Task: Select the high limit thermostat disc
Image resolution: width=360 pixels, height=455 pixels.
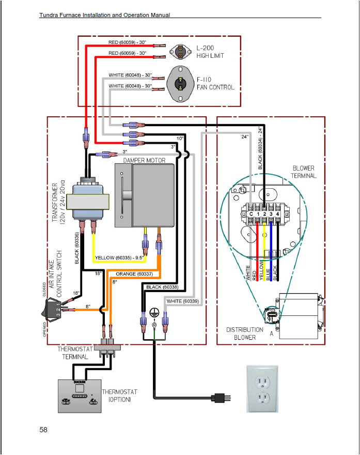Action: pyautogui.click(x=180, y=50)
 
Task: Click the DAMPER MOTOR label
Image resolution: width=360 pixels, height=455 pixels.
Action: pyautogui.click(x=144, y=160)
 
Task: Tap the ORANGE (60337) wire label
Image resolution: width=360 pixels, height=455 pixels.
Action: pyautogui.click(x=134, y=274)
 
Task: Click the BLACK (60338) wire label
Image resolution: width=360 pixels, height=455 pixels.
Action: pyautogui.click(x=162, y=286)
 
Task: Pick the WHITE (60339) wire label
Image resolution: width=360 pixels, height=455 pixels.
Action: pyautogui.click(x=182, y=301)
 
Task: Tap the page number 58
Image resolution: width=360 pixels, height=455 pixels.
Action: pyautogui.click(x=43, y=430)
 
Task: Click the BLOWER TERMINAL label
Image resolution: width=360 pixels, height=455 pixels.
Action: pyautogui.click(x=303, y=172)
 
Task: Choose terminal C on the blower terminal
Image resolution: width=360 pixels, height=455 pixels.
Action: pyautogui.click(x=251, y=214)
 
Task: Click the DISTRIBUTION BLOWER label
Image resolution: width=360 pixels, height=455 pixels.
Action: pyautogui.click(x=244, y=333)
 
